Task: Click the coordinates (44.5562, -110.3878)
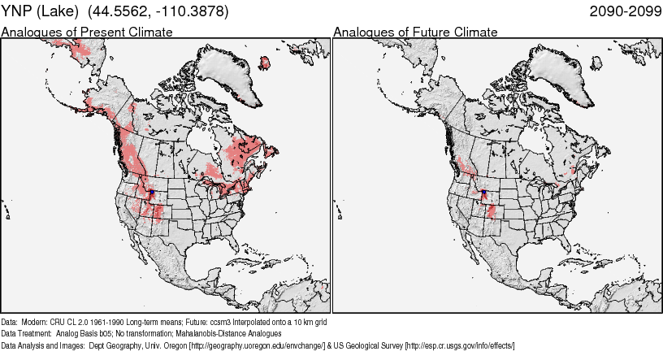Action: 171,12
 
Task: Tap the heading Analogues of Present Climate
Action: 87,33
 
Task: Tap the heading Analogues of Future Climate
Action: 415,33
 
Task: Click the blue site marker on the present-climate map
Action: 152,192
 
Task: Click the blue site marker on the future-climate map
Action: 483,192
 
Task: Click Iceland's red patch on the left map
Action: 265,62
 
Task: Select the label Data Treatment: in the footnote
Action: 25,334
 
